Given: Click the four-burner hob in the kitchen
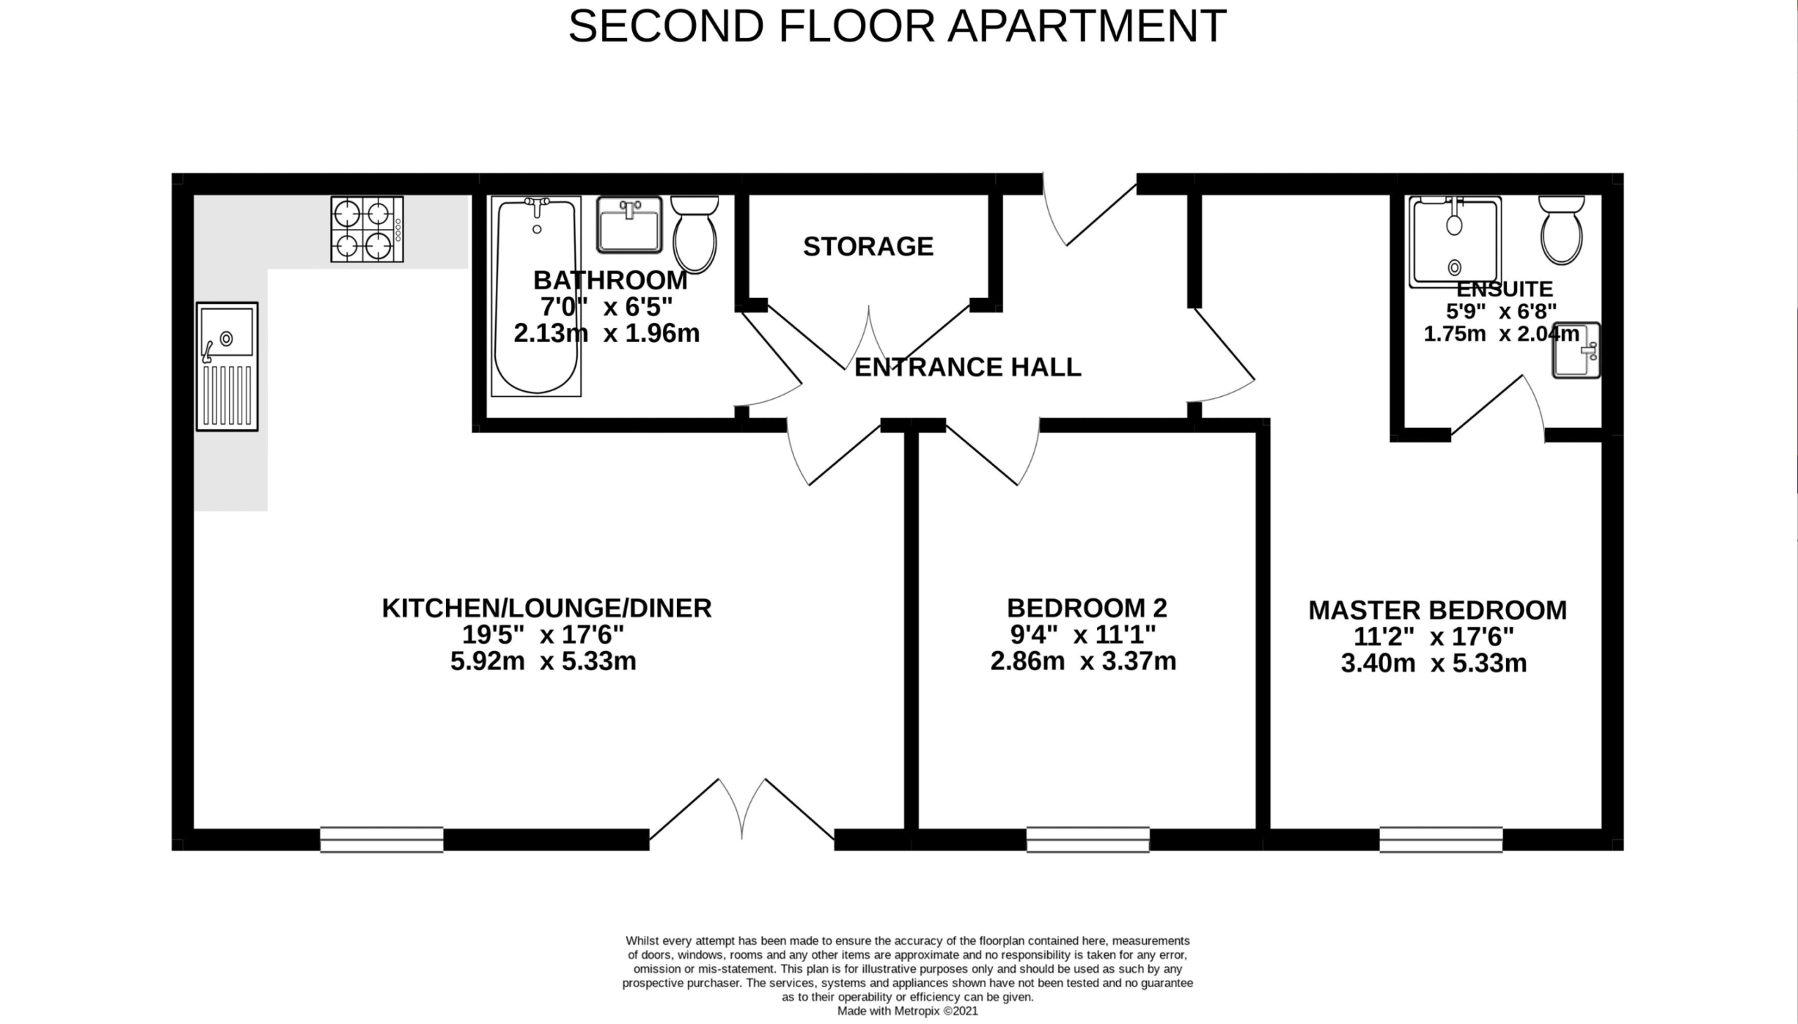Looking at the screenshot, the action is tap(367, 229).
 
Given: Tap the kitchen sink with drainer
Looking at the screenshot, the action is tap(227, 367).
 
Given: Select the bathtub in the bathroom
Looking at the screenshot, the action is tap(536, 296).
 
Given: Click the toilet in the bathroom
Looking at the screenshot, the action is tap(695, 233).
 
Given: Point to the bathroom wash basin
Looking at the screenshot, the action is tap(629, 225).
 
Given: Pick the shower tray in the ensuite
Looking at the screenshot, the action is tap(1455, 242).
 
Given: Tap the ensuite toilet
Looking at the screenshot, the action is tap(1562, 230).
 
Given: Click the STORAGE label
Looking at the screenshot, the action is tap(868, 246).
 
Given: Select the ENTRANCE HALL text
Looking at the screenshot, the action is tap(968, 367).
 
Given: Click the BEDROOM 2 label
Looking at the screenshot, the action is tap(1087, 608).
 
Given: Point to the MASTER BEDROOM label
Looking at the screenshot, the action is tap(1437, 610).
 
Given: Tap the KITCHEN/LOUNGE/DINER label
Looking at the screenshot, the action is tap(546, 608).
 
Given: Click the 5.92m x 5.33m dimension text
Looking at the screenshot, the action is tap(544, 661).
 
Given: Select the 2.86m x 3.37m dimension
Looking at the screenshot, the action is tap(1083, 661).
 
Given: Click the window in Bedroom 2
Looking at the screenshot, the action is tap(1088, 840).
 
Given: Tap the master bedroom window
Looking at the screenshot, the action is tap(1441, 840).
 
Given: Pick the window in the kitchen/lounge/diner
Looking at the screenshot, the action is tap(382, 840).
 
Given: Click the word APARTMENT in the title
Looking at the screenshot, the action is tap(1087, 26).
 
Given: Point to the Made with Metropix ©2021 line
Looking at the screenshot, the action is tap(907, 1011).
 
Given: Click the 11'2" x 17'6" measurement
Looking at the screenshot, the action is tap(1433, 636).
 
